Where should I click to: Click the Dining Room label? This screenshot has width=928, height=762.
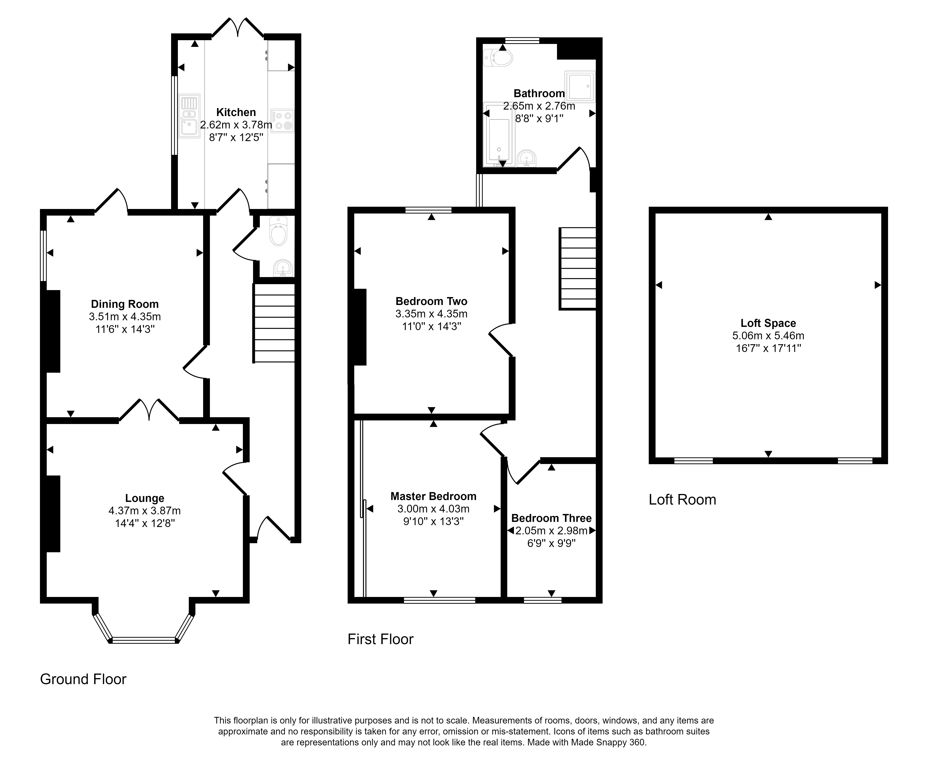point(125,304)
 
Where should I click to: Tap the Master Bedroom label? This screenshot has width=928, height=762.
point(433,496)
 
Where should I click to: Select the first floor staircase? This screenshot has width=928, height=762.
point(577,269)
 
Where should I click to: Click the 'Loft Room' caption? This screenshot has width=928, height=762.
point(682,499)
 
